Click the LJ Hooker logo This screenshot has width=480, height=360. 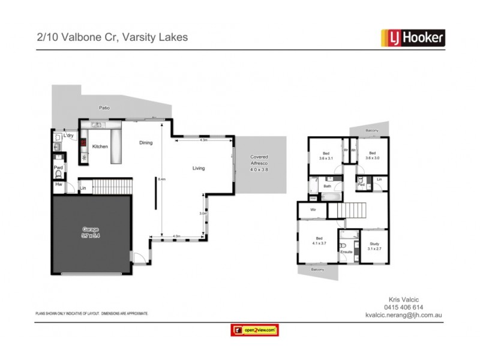(x=413, y=37)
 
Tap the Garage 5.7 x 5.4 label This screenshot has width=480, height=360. (x=92, y=232)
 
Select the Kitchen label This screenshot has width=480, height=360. (x=100, y=146)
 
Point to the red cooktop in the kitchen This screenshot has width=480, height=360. (x=83, y=144)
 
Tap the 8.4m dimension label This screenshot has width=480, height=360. (x=161, y=179)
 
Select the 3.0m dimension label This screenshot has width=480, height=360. (x=203, y=213)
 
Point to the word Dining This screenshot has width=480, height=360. (x=146, y=143)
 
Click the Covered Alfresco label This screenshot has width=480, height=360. (x=259, y=163)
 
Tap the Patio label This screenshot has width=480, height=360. (x=104, y=108)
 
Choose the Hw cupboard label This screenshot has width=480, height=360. (x=58, y=185)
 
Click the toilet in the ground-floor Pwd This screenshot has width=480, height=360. (x=58, y=174)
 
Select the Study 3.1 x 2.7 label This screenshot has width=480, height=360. (x=374, y=246)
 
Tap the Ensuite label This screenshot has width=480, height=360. (x=346, y=252)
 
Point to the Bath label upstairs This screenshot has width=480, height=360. (x=327, y=187)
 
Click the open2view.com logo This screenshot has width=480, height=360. (x=255, y=330)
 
